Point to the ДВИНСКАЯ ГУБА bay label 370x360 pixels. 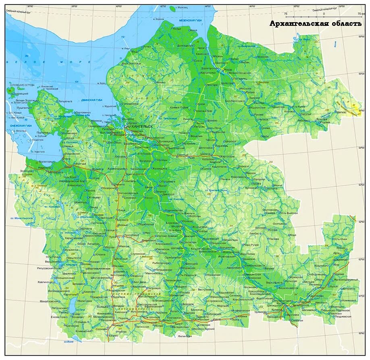tap(94, 100)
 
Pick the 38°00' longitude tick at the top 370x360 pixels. tap(74, 6)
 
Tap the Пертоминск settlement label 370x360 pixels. tap(83, 112)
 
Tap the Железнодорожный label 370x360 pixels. tap(346, 279)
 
